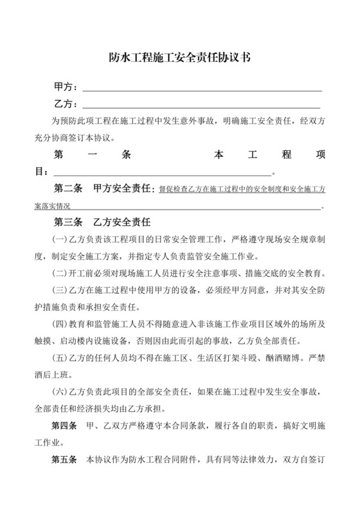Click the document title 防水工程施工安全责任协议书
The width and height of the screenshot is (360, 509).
(180, 58)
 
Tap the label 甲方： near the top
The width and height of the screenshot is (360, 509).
(66, 87)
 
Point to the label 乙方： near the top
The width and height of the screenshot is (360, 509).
(66, 104)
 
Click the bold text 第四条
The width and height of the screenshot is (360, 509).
(64, 425)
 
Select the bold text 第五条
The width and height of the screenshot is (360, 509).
(64, 460)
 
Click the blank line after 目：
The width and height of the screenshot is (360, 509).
(161, 172)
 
